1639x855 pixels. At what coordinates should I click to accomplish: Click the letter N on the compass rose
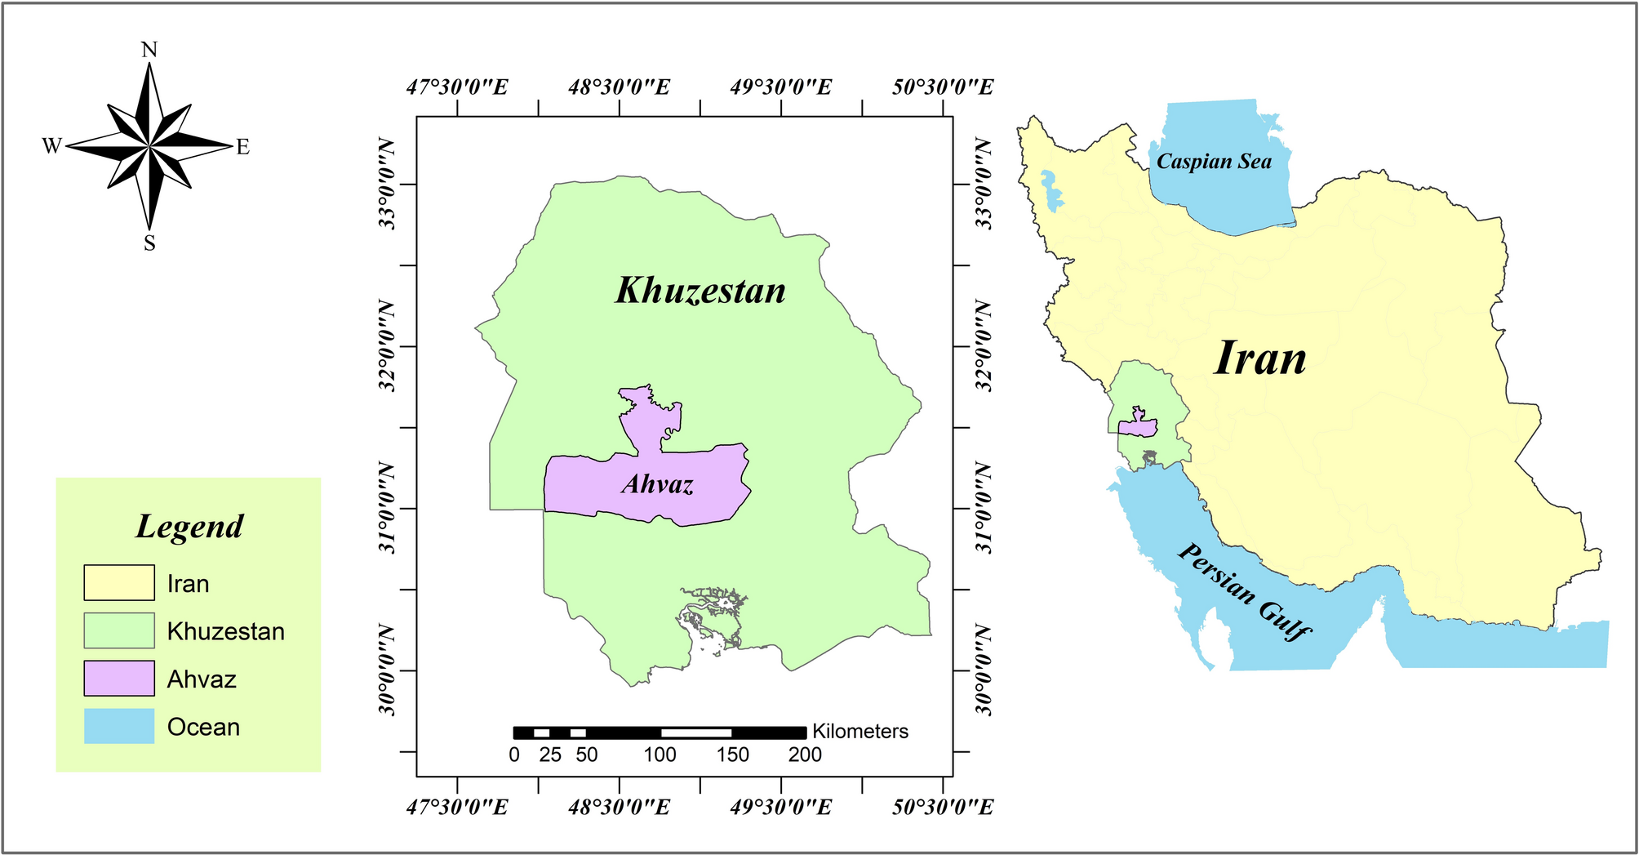click(149, 51)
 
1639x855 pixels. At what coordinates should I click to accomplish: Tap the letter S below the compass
click(149, 243)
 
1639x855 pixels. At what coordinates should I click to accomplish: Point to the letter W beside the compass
click(51, 146)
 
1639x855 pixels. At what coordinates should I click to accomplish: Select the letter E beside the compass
click(242, 148)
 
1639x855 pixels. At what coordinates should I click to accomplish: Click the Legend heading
click(189, 527)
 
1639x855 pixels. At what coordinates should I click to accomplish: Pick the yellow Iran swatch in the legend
click(119, 583)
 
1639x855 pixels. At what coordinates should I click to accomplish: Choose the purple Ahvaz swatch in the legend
click(119, 679)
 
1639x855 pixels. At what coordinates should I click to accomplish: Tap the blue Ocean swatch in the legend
click(119, 726)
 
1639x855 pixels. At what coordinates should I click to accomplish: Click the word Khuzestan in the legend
click(225, 631)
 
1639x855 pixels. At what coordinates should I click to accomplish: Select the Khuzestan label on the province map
click(700, 291)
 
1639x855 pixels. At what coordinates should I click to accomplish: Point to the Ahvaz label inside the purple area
click(657, 484)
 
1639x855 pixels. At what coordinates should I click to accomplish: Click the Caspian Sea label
click(1214, 162)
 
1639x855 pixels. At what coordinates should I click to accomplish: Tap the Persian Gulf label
click(1244, 591)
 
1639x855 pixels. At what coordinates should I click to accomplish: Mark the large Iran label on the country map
click(1260, 358)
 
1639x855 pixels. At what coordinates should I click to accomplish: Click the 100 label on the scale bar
click(660, 755)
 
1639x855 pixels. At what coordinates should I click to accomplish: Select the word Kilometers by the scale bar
click(859, 732)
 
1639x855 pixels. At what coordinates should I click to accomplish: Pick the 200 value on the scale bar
click(805, 755)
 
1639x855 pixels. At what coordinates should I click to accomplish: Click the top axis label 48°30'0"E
click(619, 87)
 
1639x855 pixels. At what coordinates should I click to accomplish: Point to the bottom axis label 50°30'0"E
click(943, 808)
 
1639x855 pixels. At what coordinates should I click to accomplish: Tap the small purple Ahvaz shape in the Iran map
click(1137, 425)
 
